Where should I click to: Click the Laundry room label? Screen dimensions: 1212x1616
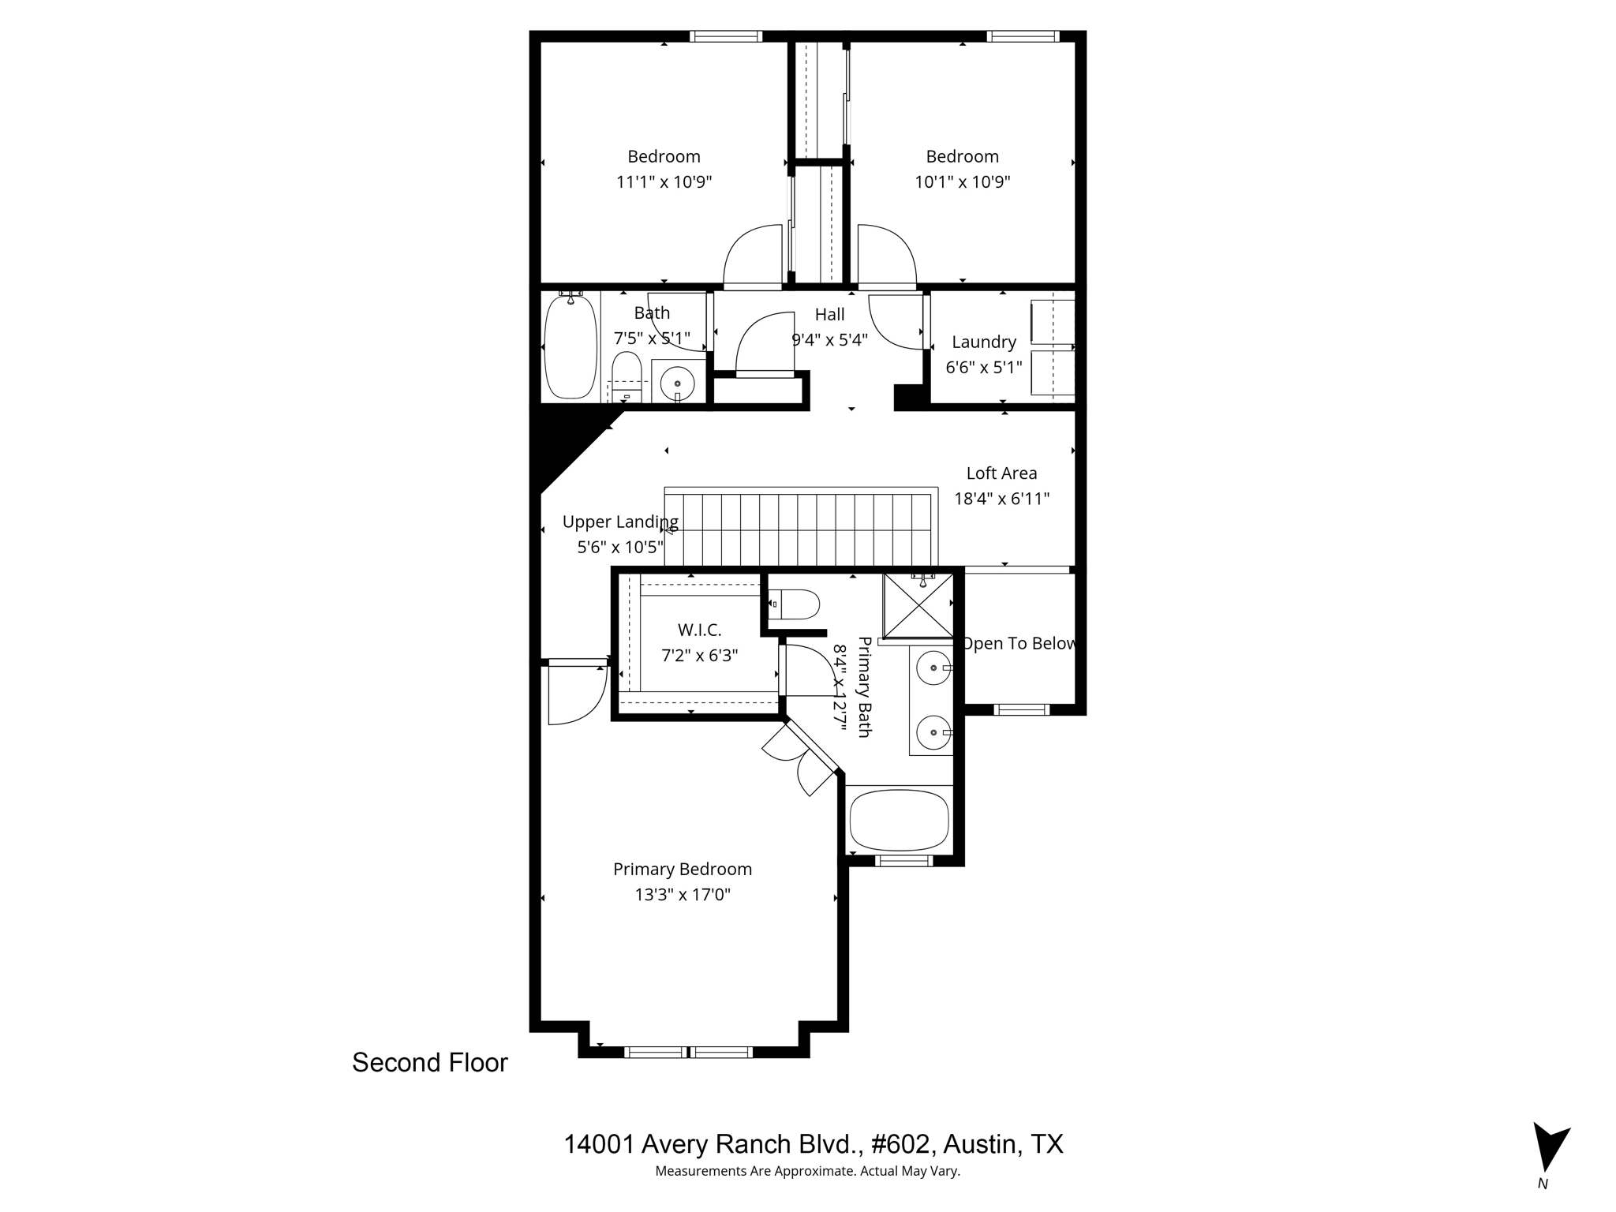coord(983,342)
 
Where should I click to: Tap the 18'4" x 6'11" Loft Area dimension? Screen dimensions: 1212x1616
coord(1001,499)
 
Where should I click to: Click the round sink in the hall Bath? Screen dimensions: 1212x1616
coord(677,384)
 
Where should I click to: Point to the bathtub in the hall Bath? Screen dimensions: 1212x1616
coord(570,347)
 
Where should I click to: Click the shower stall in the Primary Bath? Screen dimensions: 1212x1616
coord(918,605)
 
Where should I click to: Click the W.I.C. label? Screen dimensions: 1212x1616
coord(699,630)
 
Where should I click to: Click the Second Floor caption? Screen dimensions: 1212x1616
coord(429,1063)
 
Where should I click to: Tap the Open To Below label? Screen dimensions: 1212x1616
coord(1019,643)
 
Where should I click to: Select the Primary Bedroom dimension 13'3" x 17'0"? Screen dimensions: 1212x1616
coord(683,895)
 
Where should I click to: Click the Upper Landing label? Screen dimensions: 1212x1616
coord(619,522)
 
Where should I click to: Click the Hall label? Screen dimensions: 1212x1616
coord(829,314)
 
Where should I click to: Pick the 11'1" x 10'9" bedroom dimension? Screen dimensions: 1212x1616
coord(664,182)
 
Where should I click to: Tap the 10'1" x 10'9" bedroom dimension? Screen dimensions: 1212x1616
coord(962,182)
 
